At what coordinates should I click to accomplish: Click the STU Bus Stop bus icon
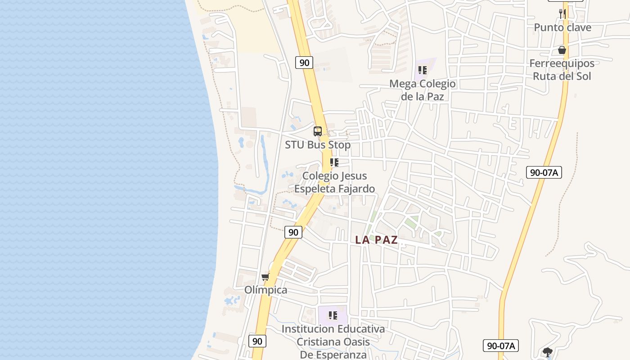(x=318, y=131)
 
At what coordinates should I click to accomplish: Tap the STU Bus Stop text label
(x=318, y=145)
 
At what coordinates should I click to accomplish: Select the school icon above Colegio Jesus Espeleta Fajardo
(x=334, y=162)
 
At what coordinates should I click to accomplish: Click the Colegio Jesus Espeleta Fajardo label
(x=334, y=182)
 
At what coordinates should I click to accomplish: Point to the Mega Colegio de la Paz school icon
(x=422, y=70)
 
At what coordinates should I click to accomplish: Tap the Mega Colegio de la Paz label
(x=422, y=90)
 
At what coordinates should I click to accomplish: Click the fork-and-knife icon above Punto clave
(x=562, y=13)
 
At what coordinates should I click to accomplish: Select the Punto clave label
(x=562, y=27)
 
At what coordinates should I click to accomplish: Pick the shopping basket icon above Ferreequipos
(x=562, y=49)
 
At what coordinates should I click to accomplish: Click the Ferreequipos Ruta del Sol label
(x=562, y=70)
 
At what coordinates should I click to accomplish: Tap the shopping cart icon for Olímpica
(x=265, y=277)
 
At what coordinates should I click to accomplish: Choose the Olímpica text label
(x=265, y=290)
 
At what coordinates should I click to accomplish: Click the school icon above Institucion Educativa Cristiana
(x=333, y=315)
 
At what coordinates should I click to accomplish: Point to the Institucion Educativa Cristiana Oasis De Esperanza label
(x=333, y=342)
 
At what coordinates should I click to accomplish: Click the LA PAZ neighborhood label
(x=377, y=240)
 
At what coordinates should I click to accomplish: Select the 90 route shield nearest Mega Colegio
(x=304, y=63)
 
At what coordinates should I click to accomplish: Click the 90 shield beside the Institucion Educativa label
(x=257, y=341)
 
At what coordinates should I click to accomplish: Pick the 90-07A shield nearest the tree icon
(x=501, y=346)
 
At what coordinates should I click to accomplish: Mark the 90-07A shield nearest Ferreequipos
(x=544, y=172)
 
